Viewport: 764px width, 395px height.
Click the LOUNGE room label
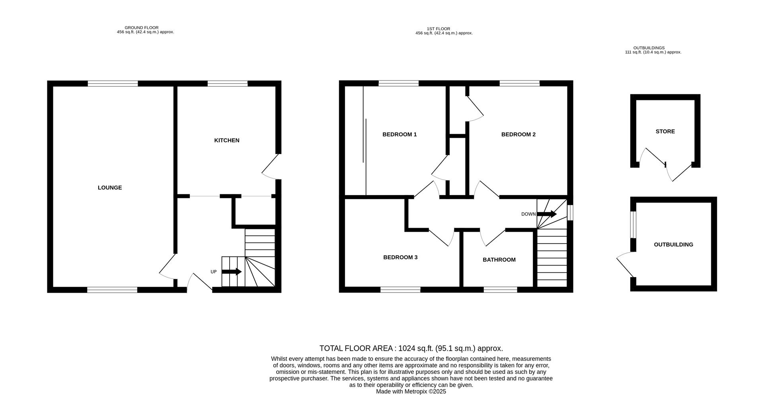pyautogui.click(x=110, y=188)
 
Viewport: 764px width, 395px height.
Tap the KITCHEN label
pyautogui.click(x=227, y=140)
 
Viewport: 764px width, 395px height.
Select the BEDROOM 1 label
pyautogui.click(x=400, y=134)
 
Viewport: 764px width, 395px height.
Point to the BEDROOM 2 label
pyautogui.click(x=518, y=134)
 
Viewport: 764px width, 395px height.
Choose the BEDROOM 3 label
pyautogui.click(x=400, y=257)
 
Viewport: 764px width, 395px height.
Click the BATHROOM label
pyautogui.click(x=499, y=260)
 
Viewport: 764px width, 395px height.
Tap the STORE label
pyautogui.click(x=665, y=131)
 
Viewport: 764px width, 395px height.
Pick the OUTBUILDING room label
pyautogui.click(x=673, y=244)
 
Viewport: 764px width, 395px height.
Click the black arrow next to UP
pyautogui.click(x=232, y=272)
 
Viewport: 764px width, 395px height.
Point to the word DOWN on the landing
pyautogui.click(x=528, y=214)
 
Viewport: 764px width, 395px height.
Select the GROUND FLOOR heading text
pyautogui.click(x=142, y=28)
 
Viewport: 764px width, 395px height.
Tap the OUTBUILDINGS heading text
pyautogui.click(x=649, y=48)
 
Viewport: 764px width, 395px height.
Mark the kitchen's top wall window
pyautogui.click(x=228, y=84)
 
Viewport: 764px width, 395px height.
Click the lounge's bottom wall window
pyautogui.click(x=112, y=290)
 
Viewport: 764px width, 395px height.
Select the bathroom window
pyautogui.click(x=500, y=290)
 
